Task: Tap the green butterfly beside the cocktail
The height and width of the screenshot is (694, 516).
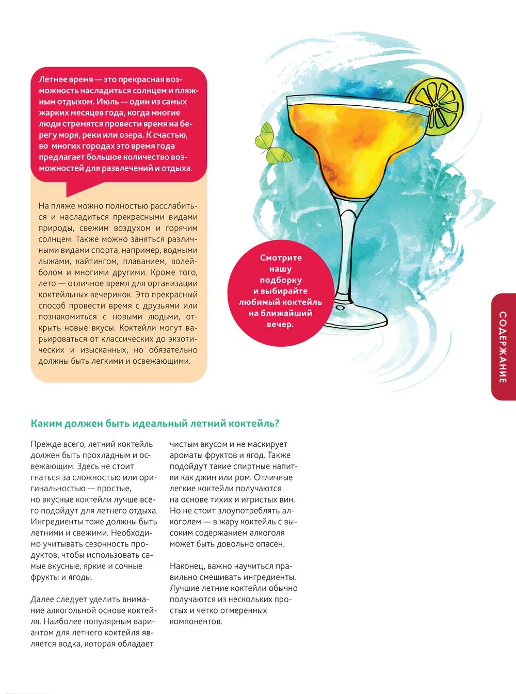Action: point(271,143)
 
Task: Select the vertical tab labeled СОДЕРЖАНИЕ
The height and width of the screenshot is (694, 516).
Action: point(504,347)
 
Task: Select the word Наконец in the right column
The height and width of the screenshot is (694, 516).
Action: point(187,566)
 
